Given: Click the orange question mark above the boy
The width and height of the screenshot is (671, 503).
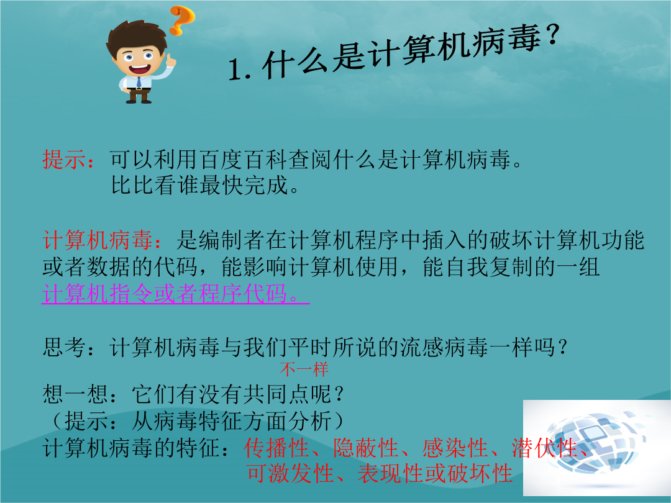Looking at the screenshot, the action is click(182, 20).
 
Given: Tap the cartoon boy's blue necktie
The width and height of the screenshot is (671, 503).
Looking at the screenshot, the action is click(139, 82).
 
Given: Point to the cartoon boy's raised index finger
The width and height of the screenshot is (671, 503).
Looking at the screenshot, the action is click(170, 58).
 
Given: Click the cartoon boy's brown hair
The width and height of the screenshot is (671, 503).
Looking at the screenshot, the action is click(135, 37).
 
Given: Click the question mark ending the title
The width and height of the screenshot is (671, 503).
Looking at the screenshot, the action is click(552, 35).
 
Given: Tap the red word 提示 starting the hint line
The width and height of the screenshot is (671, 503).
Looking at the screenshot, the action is click(64, 160).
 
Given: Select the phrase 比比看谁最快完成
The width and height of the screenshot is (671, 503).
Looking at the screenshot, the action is click(199, 186).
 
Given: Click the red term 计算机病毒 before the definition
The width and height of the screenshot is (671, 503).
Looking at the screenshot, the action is click(98, 240).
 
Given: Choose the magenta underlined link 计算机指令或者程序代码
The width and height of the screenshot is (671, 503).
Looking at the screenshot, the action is click(175, 294).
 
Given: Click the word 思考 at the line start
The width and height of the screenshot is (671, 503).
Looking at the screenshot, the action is click(64, 347).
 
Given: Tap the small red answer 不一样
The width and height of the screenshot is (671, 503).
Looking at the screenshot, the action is click(304, 369).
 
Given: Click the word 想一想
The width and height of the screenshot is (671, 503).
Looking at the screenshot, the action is click(75, 394).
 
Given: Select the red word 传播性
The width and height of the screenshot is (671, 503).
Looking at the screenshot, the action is click(276, 448).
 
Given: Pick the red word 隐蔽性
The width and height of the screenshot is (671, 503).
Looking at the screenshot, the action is click(366, 448).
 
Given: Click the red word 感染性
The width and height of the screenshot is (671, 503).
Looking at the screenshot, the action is click(455, 448).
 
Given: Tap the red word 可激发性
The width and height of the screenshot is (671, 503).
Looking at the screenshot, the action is click(290, 473).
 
